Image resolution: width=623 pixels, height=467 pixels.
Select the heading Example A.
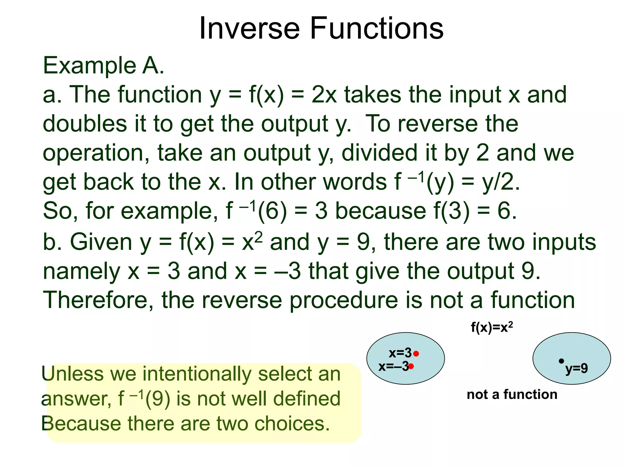click(x=103, y=66)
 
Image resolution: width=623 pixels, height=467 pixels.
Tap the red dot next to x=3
click(x=416, y=354)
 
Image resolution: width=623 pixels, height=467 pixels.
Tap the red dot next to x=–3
click(x=411, y=366)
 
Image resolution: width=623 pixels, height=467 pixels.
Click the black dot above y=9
click(x=561, y=361)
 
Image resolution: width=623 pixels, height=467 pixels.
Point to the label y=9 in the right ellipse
click(x=576, y=368)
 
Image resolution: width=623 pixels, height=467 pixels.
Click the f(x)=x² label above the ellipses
click(x=492, y=327)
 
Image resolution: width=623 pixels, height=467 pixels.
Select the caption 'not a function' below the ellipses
click(x=512, y=394)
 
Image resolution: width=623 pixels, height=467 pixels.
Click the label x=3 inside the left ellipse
click(x=400, y=353)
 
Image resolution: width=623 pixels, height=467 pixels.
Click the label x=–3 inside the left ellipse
click(x=393, y=366)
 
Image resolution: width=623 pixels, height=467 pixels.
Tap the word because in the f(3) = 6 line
click(x=380, y=211)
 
